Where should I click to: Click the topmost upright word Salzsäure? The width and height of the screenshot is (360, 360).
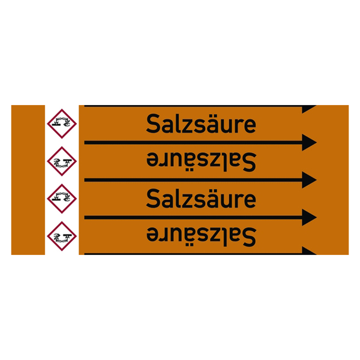pos(201,124)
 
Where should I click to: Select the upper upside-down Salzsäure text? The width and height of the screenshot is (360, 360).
pos(201,161)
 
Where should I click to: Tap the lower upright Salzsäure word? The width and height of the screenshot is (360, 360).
pos(201,199)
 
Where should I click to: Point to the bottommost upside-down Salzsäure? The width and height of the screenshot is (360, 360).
pos(201,236)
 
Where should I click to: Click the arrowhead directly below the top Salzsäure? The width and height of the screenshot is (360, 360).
pos(309,142)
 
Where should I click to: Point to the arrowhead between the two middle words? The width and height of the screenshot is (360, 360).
pos(309,180)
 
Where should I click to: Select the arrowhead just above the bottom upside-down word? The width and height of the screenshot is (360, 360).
pos(309,217)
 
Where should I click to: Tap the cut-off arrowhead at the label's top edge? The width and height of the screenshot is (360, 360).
pos(308,108)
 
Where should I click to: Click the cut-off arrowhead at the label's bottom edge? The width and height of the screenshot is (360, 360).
pos(308,251)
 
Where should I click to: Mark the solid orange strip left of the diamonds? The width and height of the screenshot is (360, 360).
pos(28,180)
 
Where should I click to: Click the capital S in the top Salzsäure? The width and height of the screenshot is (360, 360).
pos(153,124)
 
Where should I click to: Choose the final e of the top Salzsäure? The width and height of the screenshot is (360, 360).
pos(250,126)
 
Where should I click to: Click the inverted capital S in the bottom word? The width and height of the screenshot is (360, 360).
pos(250,237)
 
